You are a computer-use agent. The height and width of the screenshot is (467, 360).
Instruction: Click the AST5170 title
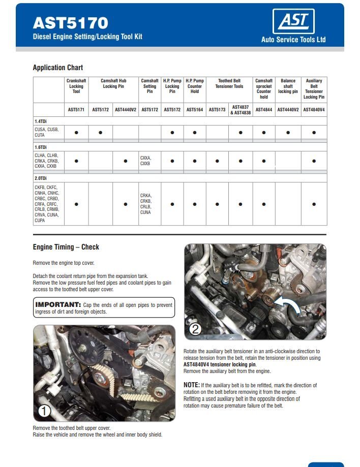pos(70,23)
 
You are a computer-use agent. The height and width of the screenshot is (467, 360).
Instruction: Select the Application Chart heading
pos(57,68)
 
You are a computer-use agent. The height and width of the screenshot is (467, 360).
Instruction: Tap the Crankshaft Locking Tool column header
pos(76,86)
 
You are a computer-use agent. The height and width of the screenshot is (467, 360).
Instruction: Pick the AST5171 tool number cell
pos(76,109)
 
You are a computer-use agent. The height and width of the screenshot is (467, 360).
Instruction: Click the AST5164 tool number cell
pos(195,109)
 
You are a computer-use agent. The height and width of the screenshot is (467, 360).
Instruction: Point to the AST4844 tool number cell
pos(263,109)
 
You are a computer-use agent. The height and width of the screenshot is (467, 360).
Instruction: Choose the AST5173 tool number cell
pos(217,109)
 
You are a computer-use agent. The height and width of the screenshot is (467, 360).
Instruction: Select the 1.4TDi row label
pos(41,121)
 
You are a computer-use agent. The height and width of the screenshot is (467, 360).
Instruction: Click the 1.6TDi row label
pos(41,147)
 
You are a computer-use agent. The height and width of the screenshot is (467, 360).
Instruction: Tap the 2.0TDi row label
pos(41,178)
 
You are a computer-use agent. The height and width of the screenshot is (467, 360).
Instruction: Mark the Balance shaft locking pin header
pos(288,86)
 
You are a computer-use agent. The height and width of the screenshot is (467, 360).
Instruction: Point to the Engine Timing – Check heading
pos(66,247)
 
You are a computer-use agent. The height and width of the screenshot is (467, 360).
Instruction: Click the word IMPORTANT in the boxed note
pos(58,305)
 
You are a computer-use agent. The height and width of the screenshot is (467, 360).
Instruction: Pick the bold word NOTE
pos(191,385)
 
